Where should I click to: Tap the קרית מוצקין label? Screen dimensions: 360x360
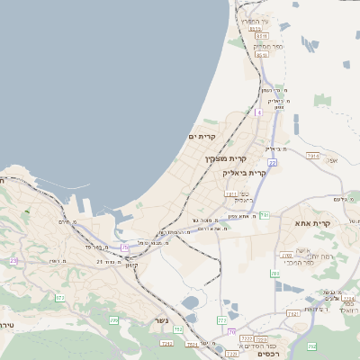tap(220, 158)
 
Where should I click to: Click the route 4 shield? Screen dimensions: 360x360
tap(258, 113)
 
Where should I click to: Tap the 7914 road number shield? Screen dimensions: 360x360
tap(313, 156)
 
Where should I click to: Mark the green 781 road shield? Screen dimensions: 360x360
tap(265, 215)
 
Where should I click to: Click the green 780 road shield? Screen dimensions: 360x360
tap(274, 273)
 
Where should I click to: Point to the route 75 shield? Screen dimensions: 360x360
tap(124, 247)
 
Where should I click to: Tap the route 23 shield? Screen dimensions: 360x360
tap(13, 260)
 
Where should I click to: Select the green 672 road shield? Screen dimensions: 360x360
tap(60, 297)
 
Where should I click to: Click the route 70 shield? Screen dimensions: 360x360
tap(231, 332)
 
